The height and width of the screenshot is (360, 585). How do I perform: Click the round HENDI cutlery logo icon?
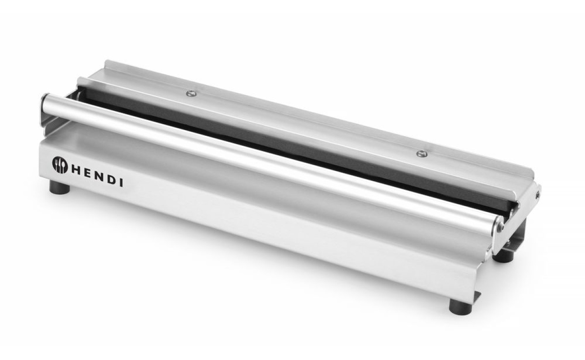coord(60,165)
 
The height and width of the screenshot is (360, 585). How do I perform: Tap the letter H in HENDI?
coord(77,171)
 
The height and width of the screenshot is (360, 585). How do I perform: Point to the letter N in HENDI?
coord(100,177)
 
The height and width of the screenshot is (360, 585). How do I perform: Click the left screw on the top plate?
coord(191,93)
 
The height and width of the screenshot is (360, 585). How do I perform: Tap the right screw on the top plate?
coord(422,153)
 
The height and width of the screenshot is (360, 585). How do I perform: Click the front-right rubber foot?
coord(461,307)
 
